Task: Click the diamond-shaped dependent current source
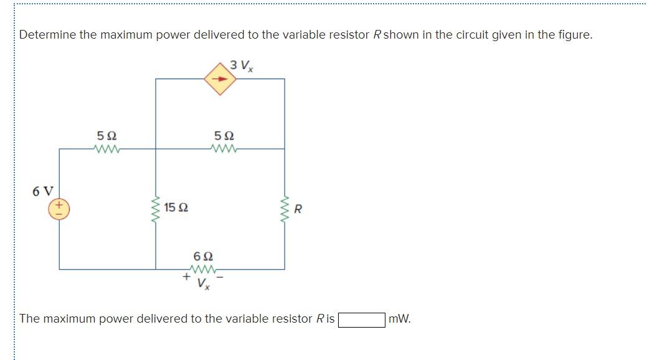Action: pyautogui.click(x=220, y=79)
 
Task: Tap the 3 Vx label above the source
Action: pyautogui.click(x=241, y=64)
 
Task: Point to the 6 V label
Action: pyautogui.click(x=44, y=191)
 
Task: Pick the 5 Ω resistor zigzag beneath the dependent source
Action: pyautogui.click(x=224, y=149)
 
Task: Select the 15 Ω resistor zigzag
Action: pyautogui.click(x=156, y=209)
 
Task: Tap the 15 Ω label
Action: pyautogui.click(x=176, y=207)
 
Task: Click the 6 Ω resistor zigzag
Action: pyautogui.click(x=204, y=270)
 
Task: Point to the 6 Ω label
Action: pyautogui.click(x=204, y=256)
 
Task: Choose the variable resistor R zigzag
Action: pyautogui.click(x=285, y=209)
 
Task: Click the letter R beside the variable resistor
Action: pyautogui.click(x=298, y=209)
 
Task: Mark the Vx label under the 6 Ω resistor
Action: pyautogui.click(x=204, y=285)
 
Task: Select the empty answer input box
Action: pyautogui.click(x=361, y=320)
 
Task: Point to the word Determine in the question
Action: pyautogui.click(x=47, y=35)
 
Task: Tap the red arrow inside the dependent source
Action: pyautogui.click(x=220, y=79)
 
